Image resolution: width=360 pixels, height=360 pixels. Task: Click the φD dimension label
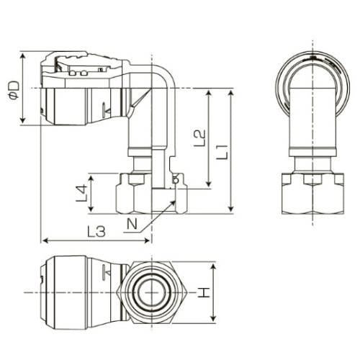click(14, 90)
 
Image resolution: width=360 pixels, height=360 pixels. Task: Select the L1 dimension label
click(222, 152)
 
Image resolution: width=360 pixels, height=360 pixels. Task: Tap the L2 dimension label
click(199, 138)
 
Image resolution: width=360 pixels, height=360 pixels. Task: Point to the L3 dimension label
click(96, 232)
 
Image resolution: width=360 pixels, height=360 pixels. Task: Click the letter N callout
click(132, 224)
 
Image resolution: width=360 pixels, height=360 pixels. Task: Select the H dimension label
click(204, 293)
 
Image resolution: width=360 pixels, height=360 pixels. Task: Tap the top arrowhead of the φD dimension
click(23, 57)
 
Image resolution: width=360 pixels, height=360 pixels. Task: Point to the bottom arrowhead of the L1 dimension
click(230, 209)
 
